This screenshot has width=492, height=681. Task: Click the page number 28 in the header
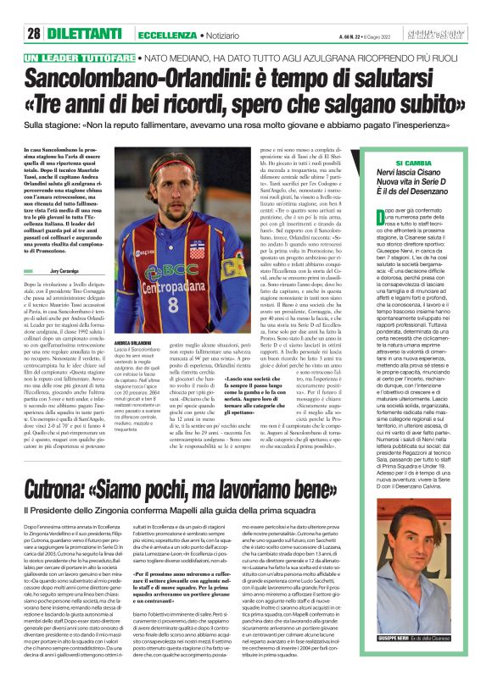(x=35, y=34)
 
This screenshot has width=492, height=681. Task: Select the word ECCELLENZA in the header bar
(x=167, y=34)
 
